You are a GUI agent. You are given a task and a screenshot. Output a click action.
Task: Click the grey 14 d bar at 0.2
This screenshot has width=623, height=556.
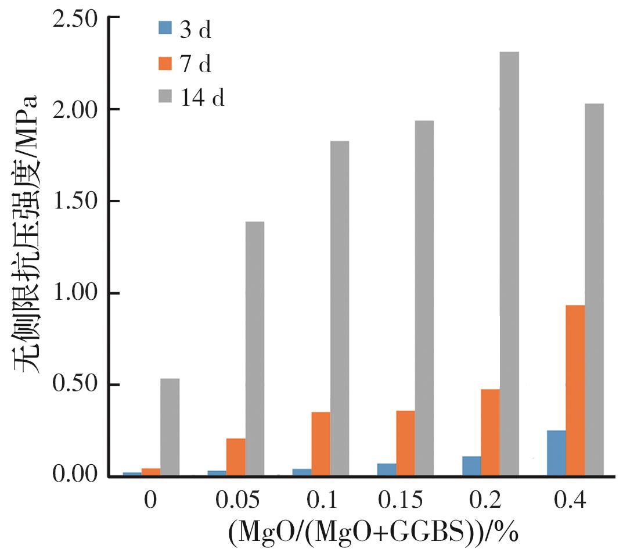pyautogui.click(x=509, y=264)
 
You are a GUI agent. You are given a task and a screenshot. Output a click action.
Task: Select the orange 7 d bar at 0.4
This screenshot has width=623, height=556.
pyautogui.click(x=575, y=390)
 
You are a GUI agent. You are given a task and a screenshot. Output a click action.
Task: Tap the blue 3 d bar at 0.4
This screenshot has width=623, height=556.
pyautogui.click(x=556, y=453)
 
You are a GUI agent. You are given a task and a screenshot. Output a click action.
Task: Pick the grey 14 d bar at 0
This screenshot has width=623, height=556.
pyautogui.click(x=170, y=428)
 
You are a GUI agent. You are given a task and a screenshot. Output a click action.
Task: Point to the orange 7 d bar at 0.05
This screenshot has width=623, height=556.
pyautogui.click(x=236, y=457)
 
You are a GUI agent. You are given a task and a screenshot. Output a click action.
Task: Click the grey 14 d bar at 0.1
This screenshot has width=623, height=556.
pyautogui.click(x=339, y=309)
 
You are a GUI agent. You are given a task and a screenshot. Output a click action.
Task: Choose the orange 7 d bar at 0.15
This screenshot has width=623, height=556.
pyautogui.click(x=405, y=443)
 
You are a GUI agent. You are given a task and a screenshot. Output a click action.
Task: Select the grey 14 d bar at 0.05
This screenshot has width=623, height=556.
pyautogui.click(x=254, y=349)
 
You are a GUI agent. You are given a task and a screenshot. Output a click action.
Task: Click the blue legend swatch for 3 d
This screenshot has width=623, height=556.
pyautogui.click(x=164, y=28)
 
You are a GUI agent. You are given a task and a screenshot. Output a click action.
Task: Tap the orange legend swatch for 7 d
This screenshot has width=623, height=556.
pyautogui.click(x=164, y=63)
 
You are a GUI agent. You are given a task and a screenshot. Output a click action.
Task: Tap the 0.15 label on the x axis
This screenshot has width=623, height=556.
pyautogui.click(x=399, y=500)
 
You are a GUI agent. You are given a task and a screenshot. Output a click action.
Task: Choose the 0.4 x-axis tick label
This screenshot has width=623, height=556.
pyautogui.click(x=570, y=500)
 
